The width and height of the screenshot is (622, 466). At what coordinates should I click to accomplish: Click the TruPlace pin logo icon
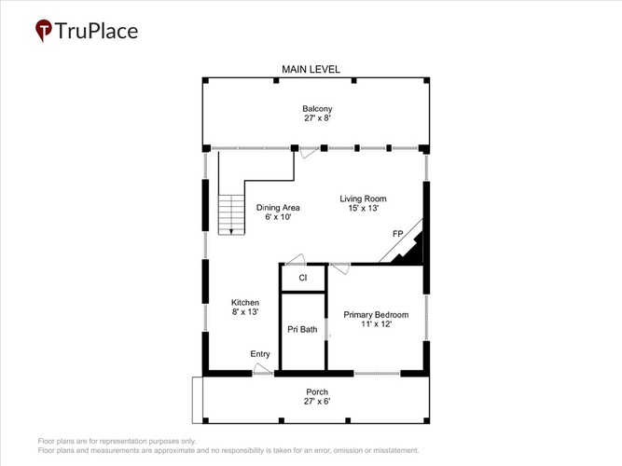[44, 30]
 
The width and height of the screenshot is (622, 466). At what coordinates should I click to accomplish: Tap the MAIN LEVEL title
[311, 69]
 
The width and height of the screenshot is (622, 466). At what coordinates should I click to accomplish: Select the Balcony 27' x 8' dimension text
[317, 118]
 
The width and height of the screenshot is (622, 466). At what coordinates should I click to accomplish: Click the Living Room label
[363, 199]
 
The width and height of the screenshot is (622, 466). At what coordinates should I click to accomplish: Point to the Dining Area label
[278, 208]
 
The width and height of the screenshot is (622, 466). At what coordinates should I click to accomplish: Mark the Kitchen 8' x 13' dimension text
[245, 311]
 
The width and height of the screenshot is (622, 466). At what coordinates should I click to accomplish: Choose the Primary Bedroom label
[376, 315]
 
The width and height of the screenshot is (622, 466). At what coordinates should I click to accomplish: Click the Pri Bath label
[302, 329]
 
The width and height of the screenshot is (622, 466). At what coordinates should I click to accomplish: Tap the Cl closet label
[303, 278]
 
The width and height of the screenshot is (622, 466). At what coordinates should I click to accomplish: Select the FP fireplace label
[397, 234]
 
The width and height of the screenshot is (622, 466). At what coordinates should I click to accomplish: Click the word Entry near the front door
[260, 354]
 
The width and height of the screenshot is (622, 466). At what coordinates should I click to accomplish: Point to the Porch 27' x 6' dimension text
[317, 402]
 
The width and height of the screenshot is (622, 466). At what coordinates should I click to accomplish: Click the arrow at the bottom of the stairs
[231, 231]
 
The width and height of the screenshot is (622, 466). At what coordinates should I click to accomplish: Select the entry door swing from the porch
[263, 369]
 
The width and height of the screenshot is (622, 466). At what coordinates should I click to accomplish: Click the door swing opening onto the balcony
[310, 152]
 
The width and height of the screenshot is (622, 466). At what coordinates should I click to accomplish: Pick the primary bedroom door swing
[340, 268]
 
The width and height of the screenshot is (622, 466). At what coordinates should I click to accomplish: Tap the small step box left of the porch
[198, 400]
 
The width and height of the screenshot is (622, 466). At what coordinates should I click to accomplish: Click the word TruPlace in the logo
[96, 31]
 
